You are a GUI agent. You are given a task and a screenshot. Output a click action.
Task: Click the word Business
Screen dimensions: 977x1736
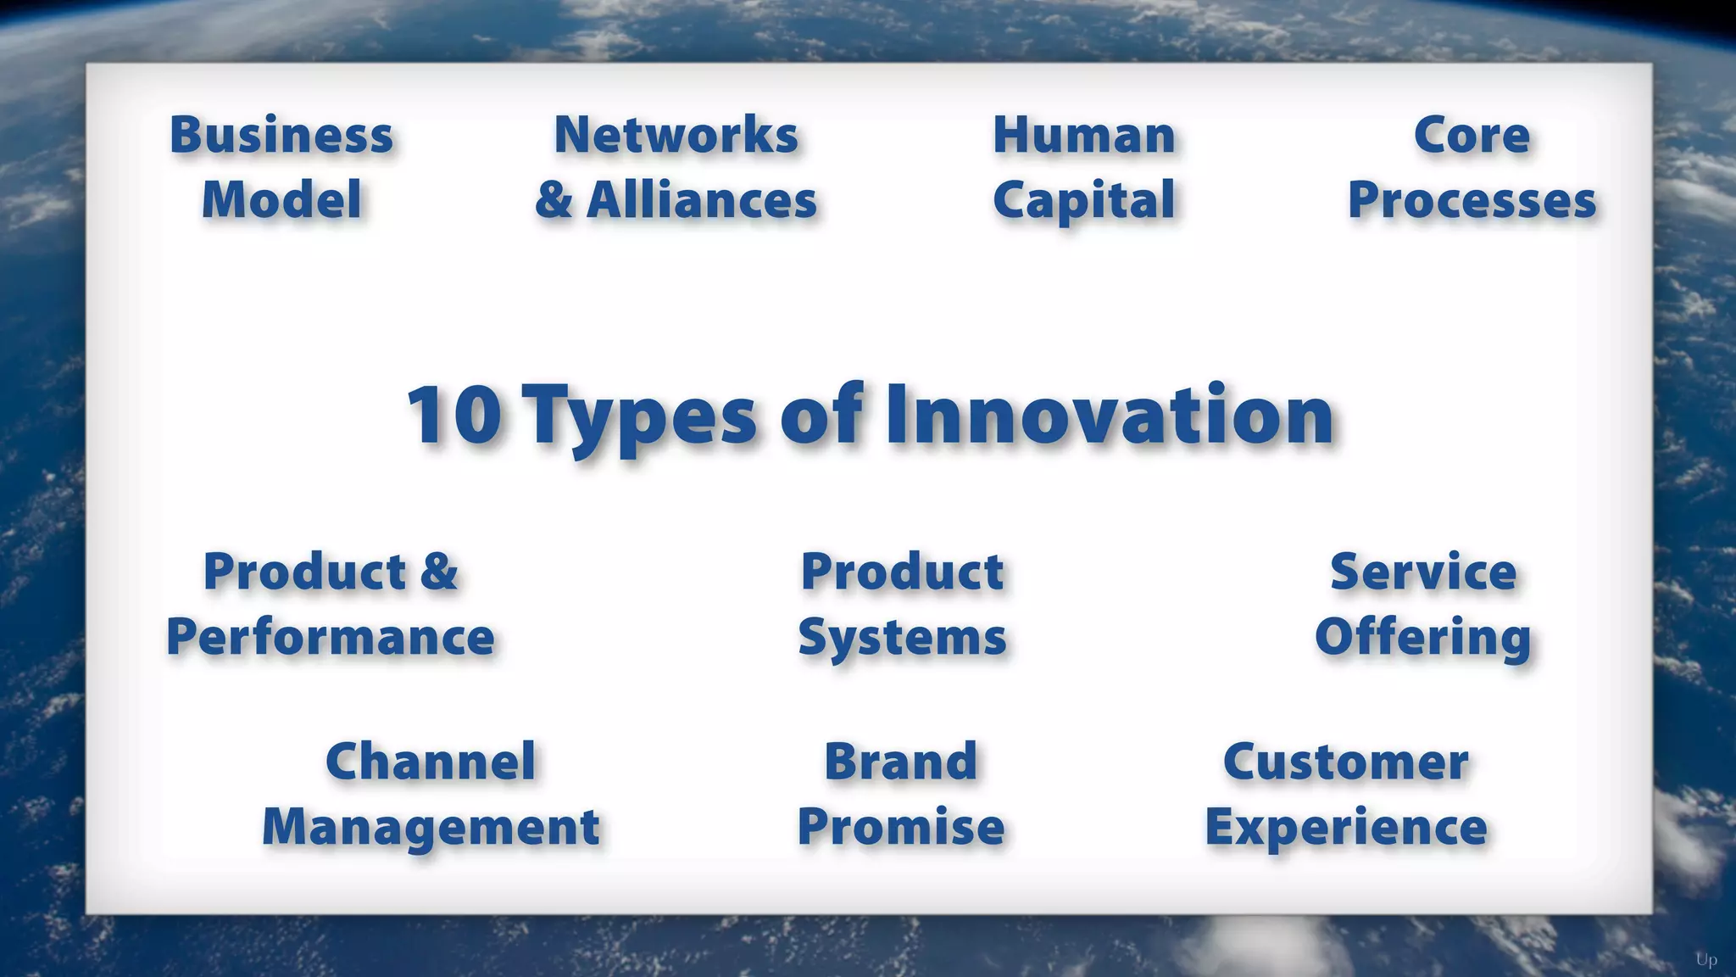point(281,136)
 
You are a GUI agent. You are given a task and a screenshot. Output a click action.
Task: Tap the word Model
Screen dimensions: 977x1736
point(281,201)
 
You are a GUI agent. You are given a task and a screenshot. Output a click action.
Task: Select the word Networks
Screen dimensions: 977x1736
point(676,136)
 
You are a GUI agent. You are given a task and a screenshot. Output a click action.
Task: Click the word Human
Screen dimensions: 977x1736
point(1084,136)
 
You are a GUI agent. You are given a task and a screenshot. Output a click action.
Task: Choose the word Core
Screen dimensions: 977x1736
point(1472,136)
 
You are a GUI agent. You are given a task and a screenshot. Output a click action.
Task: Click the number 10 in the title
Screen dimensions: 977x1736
point(454,416)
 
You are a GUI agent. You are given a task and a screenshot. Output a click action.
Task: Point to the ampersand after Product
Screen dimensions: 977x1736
point(439,572)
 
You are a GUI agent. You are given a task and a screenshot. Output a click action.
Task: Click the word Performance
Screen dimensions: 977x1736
point(331,638)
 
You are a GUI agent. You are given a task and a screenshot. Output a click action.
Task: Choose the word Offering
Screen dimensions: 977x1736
point(1423,638)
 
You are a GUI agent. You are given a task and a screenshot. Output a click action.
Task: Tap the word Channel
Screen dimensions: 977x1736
point(431,762)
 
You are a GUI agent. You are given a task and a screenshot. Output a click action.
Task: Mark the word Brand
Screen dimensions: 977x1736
point(901,762)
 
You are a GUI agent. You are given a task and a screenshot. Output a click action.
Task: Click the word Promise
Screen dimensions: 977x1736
point(901,827)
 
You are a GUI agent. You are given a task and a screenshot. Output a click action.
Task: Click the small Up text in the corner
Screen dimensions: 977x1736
point(1706,960)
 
